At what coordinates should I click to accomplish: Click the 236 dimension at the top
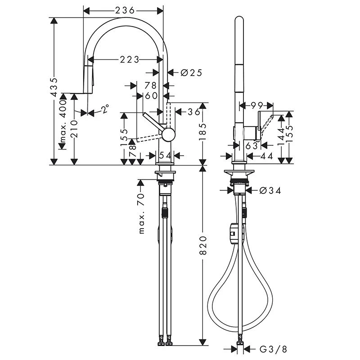coord(124,10)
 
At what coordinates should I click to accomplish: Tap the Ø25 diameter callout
coord(191,72)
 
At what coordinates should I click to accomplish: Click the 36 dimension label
coord(193,112)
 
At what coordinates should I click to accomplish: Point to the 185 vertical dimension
coord(203,133)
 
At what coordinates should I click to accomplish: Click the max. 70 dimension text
coord(142,212)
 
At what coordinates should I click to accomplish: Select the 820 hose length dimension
coord(203,252)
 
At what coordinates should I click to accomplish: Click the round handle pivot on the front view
coord(168,134)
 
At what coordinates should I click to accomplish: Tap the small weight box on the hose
coord(232,231)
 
